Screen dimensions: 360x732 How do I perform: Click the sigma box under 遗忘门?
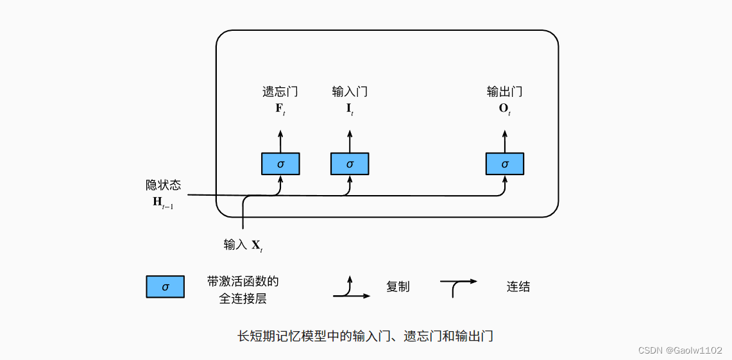[x=280, y=164]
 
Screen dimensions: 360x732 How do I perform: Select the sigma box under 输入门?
[x=350, y=164]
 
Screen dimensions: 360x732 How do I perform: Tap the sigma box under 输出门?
[x=504, y=164]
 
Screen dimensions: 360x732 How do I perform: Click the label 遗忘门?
[x=280, y=92]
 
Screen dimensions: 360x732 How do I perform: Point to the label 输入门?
[x=350, y=92]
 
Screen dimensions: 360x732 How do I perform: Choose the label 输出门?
[x=504, y=92]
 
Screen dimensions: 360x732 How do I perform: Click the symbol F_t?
[x=280, y=108]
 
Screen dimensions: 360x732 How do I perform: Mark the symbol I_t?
[x=350, y=108]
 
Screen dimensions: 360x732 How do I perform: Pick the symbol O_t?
[x=504, y=108]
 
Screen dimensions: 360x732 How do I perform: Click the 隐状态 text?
[x=163, y=185]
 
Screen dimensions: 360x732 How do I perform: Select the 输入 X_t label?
[x=243, y=245]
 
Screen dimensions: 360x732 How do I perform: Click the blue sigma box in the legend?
[x=166, y=287]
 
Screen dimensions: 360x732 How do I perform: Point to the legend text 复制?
[x=398, y=287]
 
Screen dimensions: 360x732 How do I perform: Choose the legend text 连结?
[x=518, y=287]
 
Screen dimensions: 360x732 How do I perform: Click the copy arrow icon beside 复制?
[x=351, y=289]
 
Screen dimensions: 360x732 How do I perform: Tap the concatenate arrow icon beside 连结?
[x=458, y=286]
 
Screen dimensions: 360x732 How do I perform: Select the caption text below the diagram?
[x=365, y=336]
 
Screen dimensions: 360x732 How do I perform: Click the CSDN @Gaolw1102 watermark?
[x=681, y=350]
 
